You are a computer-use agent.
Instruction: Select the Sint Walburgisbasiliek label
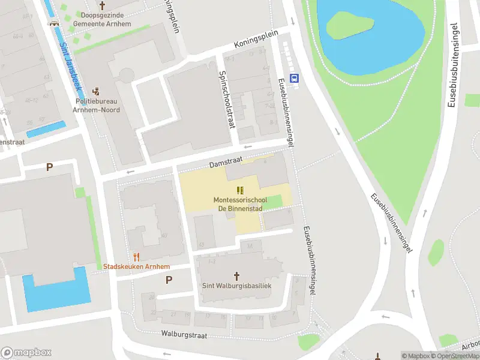tap(236, 286)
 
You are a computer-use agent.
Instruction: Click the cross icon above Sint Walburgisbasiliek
tap(236, 275)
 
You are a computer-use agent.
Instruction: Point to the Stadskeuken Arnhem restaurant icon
tap(137, 257)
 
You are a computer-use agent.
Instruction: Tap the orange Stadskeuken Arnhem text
tap(137, 266)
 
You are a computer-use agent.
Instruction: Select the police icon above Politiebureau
tap(96, 92)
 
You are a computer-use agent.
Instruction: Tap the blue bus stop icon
tap(295, 77)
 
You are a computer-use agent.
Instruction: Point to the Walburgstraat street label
tap(184, 335)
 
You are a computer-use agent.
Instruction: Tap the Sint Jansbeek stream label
tap(70, 58)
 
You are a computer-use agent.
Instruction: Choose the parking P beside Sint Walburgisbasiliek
tap(169, 279)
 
